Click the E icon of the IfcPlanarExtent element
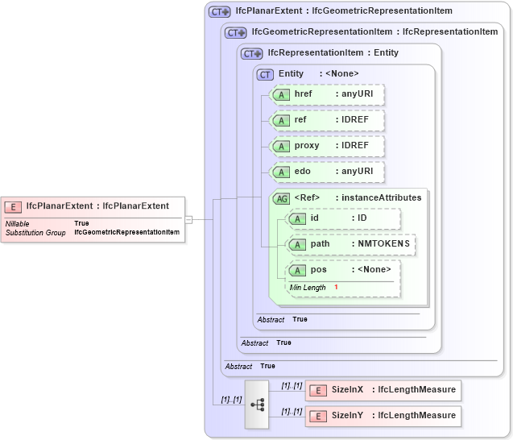15,206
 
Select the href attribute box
326,95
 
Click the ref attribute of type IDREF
326,121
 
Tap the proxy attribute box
326,147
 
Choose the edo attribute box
326,172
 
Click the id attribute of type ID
343,218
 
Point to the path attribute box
351,244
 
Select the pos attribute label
319,270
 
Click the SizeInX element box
383,390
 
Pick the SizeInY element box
383,416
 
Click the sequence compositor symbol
257,404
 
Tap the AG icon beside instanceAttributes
282,198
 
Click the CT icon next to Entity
265,74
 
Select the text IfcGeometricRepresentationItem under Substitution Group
126,232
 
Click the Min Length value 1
336,288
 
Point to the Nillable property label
18,223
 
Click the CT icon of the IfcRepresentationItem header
252,54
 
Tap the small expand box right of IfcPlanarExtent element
188,218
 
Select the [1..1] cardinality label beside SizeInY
292,411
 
